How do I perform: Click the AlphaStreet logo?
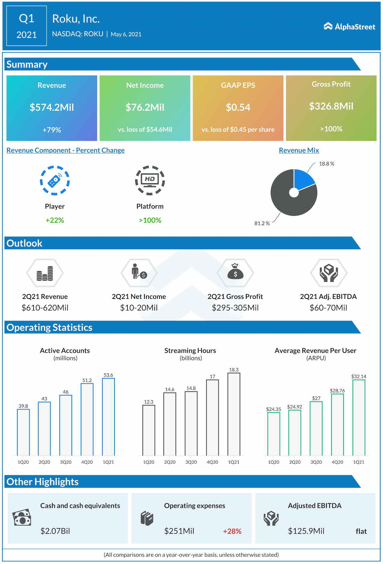(349, 27)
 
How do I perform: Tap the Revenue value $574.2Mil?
(52, 107)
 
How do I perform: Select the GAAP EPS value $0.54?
(238, 107)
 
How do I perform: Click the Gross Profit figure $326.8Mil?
(331, 106)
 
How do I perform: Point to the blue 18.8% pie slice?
(303, 179)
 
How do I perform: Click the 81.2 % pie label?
(262, 223)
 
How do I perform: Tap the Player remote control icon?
(55, 181)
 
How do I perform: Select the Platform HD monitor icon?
(150, 180)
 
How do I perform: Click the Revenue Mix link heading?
(299, 150)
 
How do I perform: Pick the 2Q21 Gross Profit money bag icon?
(235, 272)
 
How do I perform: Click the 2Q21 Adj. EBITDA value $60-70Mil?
(328, 308)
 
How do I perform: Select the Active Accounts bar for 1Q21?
(108, 417)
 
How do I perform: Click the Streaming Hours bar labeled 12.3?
(149, 430)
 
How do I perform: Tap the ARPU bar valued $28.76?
(337, 424)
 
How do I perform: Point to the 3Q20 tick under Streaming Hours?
(191, 462)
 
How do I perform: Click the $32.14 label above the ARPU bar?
(358, 377)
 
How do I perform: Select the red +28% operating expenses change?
(232, 531)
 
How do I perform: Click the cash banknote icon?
(22, 518)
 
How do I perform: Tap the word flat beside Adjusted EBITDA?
(361, 531)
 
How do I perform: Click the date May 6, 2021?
(126, 34)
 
